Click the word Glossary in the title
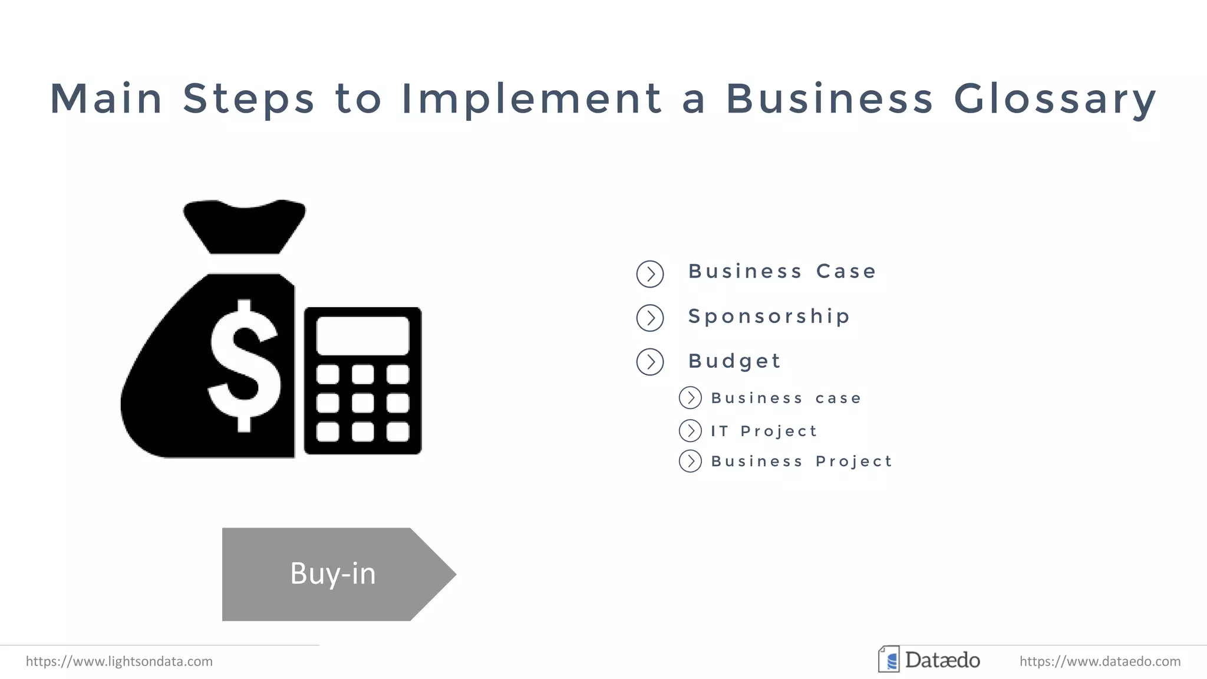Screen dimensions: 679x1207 coord(1055,99)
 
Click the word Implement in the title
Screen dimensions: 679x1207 coord(532,99)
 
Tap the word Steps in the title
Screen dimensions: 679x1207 coord(249,99)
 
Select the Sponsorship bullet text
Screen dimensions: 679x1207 coord(769,317)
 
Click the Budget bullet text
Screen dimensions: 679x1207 coord(734,361)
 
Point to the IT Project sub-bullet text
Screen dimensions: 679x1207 coord(764,431)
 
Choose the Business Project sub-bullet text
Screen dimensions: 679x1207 coord(802,461)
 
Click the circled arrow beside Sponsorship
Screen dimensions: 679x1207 coord(650,318)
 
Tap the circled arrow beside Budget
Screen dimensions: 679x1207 coord(650,362)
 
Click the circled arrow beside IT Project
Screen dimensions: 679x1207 coord(690,431)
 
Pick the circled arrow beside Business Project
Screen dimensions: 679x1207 coord(690,461)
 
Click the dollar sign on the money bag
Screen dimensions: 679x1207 coord(244,365)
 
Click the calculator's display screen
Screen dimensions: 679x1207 coord(362,335)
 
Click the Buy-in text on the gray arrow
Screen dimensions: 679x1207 coord(333,573)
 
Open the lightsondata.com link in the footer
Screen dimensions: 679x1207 coord(119,661)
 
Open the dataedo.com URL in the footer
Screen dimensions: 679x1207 coord(1100,661)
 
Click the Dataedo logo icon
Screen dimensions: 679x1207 coord(889,660)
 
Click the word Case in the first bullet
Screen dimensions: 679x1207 coord(846,271)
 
